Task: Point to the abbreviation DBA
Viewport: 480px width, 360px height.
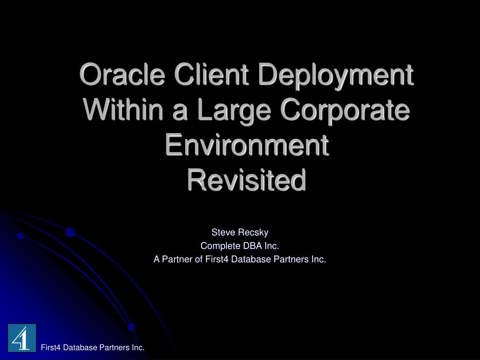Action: point(251,246)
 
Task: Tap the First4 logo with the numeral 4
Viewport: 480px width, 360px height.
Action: point(22,337)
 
